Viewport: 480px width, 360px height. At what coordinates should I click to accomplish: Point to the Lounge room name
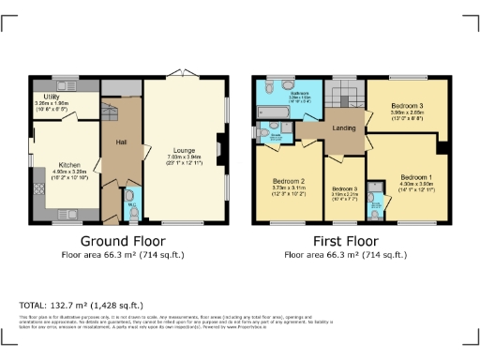click(184, 150)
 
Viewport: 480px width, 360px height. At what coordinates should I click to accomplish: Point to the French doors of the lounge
click(184, 75)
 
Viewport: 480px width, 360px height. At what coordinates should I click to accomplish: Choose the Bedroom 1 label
click(416, 176)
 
